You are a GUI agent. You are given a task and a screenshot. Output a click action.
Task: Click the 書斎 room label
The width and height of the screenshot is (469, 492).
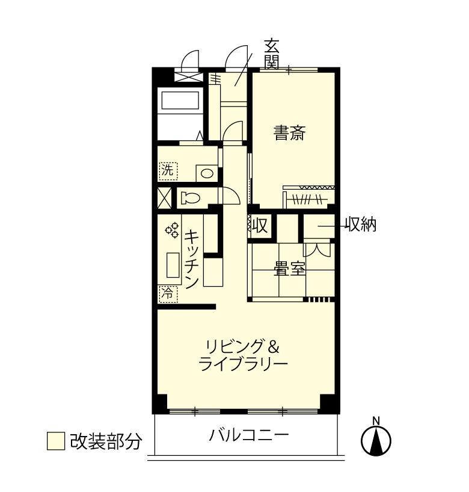tap(289, 132)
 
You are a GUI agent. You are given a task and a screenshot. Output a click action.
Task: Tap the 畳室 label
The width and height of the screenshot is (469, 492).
tap(289, 268)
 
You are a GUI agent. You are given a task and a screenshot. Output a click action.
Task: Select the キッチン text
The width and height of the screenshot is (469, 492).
tap(191, 259)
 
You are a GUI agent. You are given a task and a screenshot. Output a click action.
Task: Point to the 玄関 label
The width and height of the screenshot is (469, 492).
tap(271, 54)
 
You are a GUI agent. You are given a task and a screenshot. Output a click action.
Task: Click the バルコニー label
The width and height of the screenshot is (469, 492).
tap(249, 435)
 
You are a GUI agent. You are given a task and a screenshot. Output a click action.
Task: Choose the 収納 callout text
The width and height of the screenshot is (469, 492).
tap(361, 225)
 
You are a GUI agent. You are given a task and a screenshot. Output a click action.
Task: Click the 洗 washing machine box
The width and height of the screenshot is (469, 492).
tap(168, 171)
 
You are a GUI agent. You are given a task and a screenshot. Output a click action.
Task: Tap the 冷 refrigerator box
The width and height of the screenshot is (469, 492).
tap(168, 294)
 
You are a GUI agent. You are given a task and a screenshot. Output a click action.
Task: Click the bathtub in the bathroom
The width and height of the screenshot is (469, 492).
tap(180, 100)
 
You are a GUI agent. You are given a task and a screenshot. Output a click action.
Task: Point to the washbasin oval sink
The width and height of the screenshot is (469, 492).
tap(207, 173)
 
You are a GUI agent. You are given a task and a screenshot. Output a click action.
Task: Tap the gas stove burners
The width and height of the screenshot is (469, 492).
tap(172, 230)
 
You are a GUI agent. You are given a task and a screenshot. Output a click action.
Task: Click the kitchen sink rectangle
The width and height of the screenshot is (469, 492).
tap(173, 265)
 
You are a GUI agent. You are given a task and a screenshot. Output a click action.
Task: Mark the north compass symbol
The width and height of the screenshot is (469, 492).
tap(376, 438)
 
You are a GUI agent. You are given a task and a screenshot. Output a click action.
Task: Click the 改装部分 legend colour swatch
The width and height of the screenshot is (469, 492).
tap(56, 441)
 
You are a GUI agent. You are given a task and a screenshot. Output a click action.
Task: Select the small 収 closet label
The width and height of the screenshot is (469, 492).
tap(260, 225)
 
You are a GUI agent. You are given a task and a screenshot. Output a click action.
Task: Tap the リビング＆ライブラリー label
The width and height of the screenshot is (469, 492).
tap(243, 355)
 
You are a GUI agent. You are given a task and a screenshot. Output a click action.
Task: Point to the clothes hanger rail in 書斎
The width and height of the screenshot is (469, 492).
tap(308, 199)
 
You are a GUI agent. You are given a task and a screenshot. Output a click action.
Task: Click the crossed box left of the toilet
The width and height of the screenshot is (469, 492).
tap(164, 198)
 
